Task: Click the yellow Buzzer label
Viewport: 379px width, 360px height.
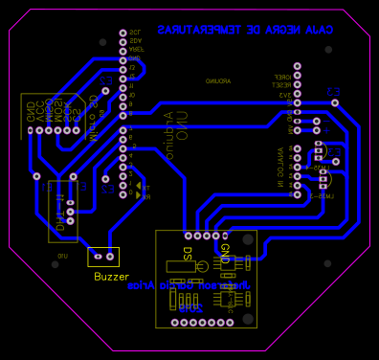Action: click(x=111, y=276)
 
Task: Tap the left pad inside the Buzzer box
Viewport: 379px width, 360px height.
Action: click(x=97, y=257)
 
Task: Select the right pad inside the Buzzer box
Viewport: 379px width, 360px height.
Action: click(x=110, y=257)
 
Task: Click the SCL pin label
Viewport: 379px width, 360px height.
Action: click(x=134, y=33)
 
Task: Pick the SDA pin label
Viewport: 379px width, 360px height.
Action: click(x=134, y=41)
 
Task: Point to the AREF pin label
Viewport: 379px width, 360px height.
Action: click(x=134, y=50)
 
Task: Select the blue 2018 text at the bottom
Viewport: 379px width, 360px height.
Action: click(x=191, y=308)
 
